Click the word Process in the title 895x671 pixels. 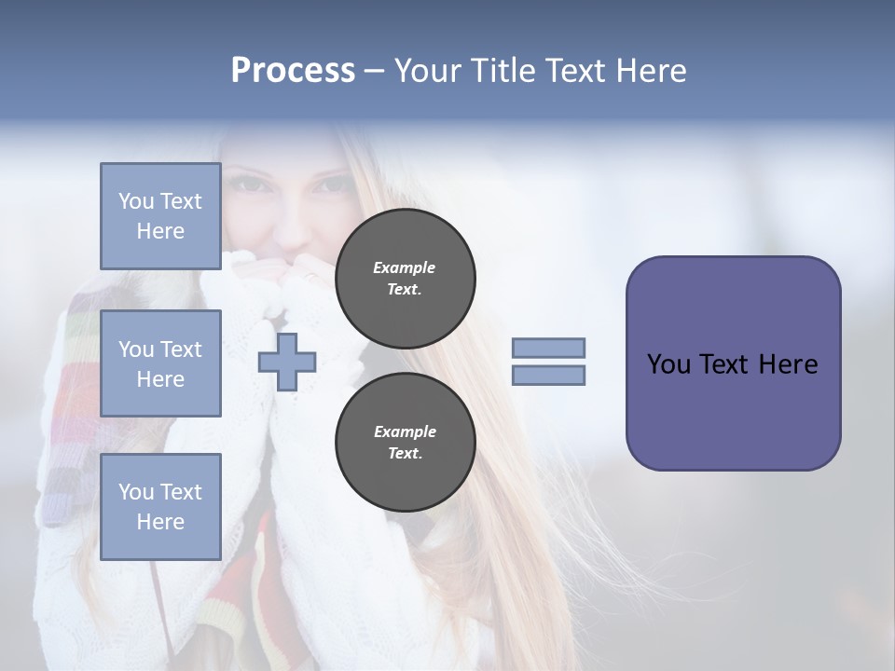293,71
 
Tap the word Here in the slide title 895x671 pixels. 649,71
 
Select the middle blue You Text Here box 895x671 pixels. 160,363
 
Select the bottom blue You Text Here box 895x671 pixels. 160,506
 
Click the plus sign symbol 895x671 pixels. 287,363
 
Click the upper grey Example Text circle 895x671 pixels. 405,279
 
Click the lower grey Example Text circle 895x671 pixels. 405,443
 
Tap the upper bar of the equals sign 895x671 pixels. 548,348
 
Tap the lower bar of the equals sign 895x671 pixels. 548,376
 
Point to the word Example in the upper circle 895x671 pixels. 405,267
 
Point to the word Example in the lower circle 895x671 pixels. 405,431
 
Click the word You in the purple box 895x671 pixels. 668,364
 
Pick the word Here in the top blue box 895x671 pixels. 160,231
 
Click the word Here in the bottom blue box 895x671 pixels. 160,522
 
